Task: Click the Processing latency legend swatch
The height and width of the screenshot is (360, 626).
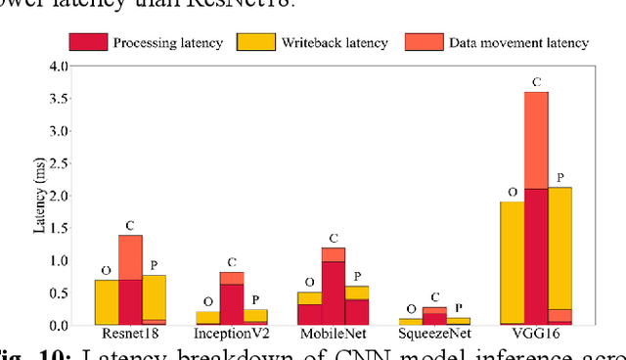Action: [86, 42]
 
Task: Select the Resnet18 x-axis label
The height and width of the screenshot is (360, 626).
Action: [130, 334]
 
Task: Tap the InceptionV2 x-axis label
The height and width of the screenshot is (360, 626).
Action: [232, 334]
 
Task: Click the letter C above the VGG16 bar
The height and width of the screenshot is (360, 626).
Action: [536, 82]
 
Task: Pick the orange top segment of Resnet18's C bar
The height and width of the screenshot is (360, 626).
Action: [130, 257]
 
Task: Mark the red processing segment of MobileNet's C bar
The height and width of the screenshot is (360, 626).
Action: [334, 292]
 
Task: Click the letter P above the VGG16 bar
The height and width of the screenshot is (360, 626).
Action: [559, 177]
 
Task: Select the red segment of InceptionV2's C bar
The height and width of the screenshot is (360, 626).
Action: [232, 303]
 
